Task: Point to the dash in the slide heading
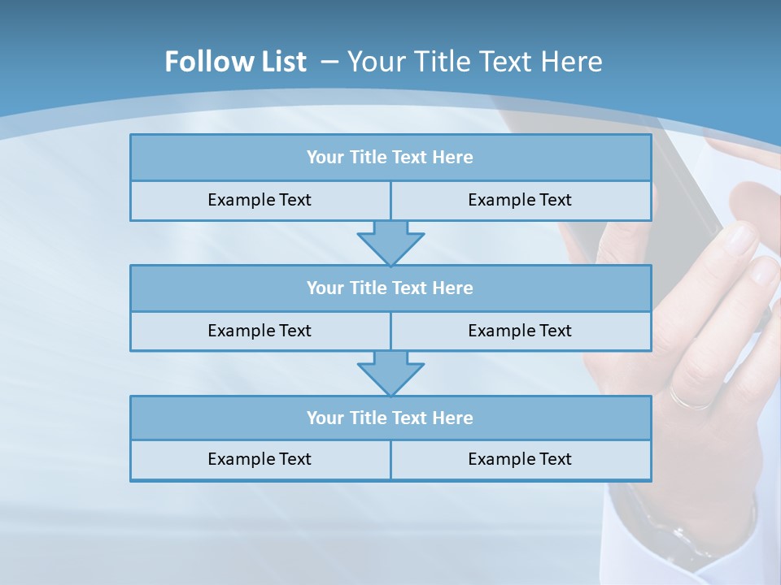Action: point(330,62)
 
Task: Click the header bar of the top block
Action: point(390,158)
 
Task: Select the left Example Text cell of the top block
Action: point(260,201)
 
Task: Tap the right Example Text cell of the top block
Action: point(521,201)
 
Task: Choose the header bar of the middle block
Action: point(390,288)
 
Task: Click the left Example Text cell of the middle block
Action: point(260,331)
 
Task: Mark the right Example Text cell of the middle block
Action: point(521,331)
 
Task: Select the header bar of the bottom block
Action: point(390,418)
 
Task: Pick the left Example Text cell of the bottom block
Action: point(260,460)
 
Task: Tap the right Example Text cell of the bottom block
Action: point(521,460)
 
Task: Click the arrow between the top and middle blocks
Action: point(390,242)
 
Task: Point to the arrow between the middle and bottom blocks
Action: point(390,373)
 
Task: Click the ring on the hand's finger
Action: point(690,400)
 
